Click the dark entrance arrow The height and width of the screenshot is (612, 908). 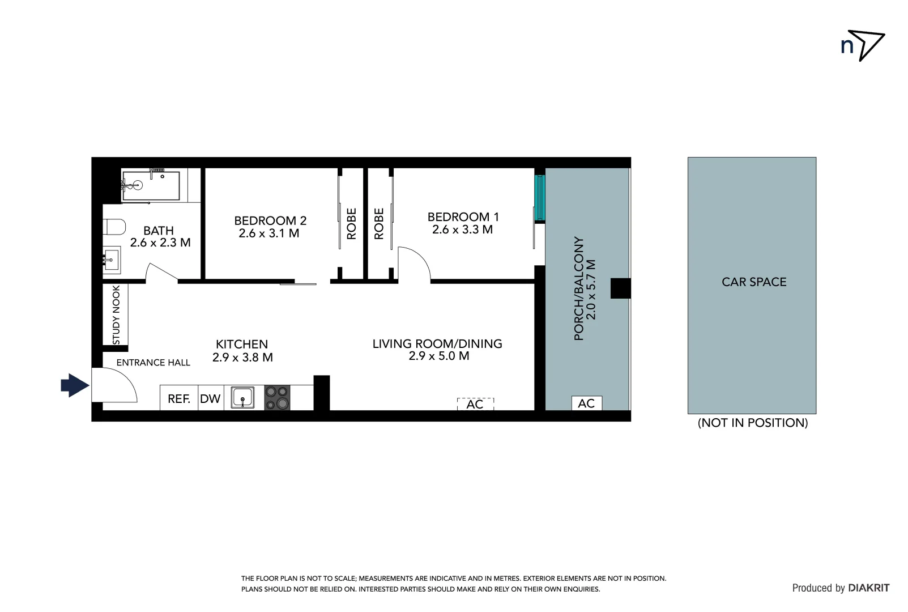[x=75, y=385]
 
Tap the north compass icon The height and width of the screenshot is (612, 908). [x=862, y=45]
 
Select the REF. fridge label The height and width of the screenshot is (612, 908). [x=178, y=398]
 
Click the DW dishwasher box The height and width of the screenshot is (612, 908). [x=210, y=398]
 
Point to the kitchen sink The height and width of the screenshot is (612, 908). [x=244, y=397]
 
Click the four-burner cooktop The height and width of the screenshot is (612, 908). [x=277, y=397]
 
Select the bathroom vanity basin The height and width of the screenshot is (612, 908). [x=112, y=260]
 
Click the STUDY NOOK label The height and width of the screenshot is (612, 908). [x=116, y=315]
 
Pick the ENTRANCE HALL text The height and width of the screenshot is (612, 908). [x=154, y=363]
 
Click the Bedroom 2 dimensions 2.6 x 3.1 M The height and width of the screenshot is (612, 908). [x=269, y=233]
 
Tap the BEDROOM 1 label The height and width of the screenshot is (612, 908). [x=463, y=216]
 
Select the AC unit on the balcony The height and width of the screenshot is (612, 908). [x=586, y=403]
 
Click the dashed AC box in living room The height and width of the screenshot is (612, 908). [x=475, y=403]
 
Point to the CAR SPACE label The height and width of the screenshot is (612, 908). [x=754, y=282]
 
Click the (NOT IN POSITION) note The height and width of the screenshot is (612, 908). [x=753, y=423]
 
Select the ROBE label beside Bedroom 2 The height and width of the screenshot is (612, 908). [x=351, y=223]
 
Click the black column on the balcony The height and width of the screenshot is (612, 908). [x=620, y=288]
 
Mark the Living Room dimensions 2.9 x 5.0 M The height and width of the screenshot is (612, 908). [x=439, y=356]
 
